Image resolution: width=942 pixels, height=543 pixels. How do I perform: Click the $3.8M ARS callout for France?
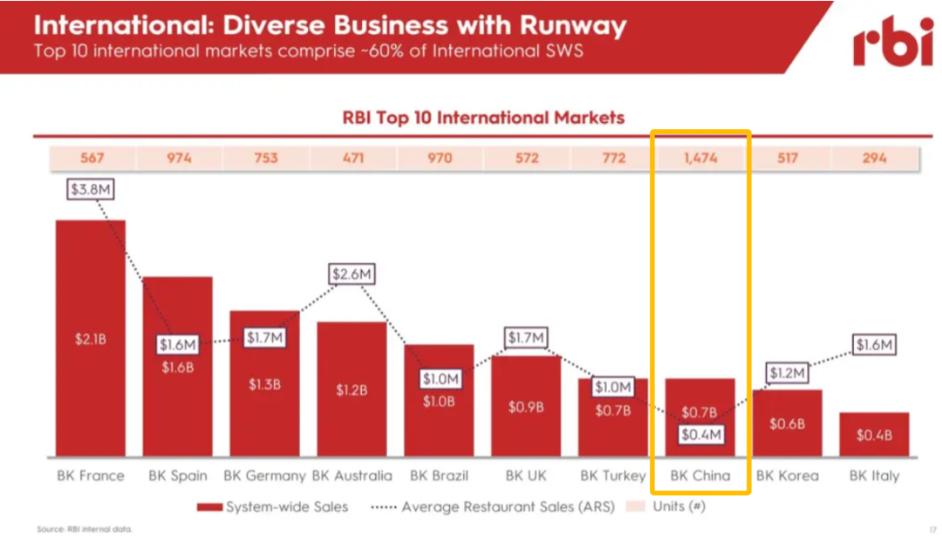(92, 187)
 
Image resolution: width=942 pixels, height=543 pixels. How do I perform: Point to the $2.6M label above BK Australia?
(352, 274)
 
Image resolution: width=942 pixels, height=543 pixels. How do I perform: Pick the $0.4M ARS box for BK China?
(700, 434)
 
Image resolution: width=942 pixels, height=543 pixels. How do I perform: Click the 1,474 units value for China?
(700, 158)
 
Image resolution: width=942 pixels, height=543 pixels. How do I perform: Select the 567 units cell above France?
(91, 158)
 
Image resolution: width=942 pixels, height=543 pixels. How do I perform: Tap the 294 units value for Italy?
(874, 158)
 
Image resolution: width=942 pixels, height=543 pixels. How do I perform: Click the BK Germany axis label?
(264, 476)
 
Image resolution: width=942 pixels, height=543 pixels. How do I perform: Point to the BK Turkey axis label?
(613, 476)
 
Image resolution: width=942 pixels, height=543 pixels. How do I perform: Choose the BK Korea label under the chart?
(788, 476)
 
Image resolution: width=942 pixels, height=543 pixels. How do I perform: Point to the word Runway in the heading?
(575, 26)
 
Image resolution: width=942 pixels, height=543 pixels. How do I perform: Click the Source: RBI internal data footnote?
(85, 529)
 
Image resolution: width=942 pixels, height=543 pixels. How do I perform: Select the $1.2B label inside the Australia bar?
(352, 390)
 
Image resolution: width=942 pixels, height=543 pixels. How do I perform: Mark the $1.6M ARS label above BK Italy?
(875, 345)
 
